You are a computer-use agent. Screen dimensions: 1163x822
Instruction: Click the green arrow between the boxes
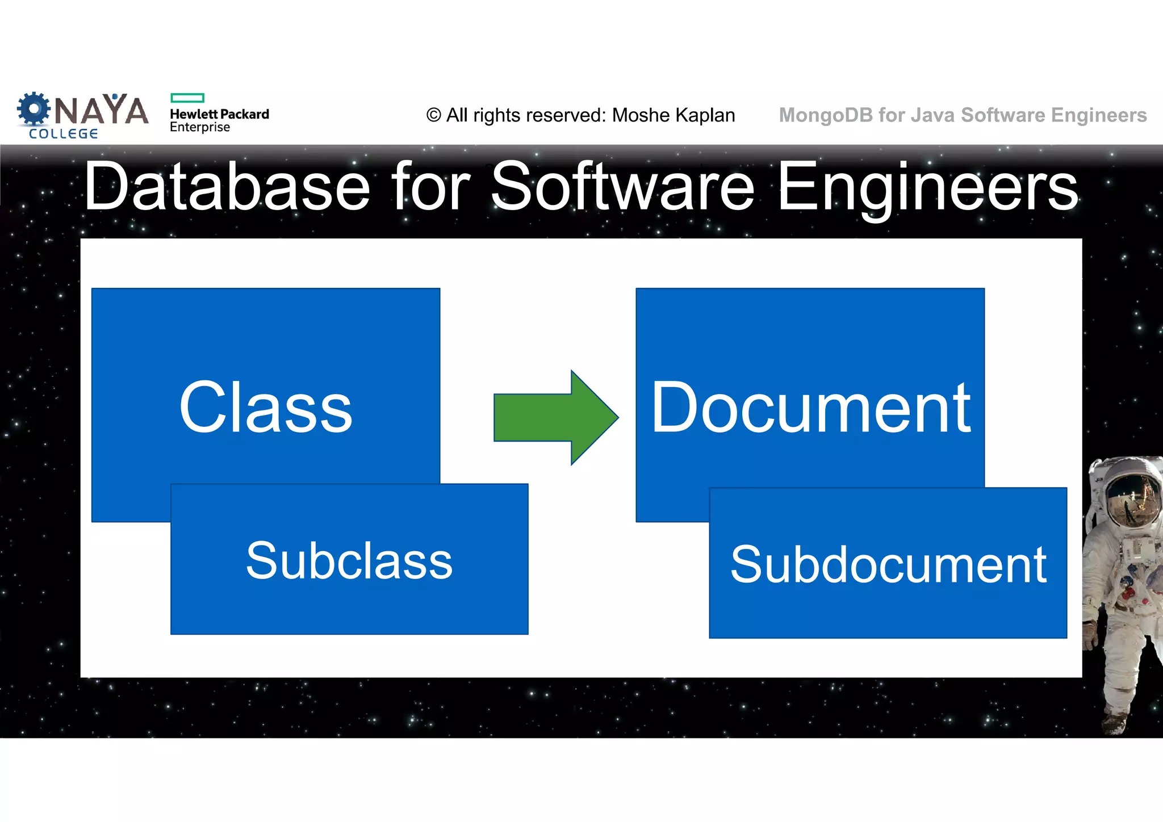(x=554, y=418)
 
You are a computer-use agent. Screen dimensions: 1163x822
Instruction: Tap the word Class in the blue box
(x=266, y=407)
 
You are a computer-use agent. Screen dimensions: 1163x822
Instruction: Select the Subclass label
(x=349, y=561)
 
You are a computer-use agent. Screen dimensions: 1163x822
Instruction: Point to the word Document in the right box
(x=810, y=407)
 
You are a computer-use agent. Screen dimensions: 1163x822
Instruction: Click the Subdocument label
(x=888, y=564)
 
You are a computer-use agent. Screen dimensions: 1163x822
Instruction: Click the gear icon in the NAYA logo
(x=34, y=108)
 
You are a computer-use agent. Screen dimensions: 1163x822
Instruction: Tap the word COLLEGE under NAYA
(x=64, y=134)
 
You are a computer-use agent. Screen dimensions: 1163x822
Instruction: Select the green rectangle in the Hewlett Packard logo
(x=187, y=98)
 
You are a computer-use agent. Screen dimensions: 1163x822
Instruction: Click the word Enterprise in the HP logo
(x=200, y=127)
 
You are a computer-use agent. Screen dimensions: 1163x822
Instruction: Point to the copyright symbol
(x=433, y=115)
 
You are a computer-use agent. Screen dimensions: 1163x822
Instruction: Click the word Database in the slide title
(x=227, y=186)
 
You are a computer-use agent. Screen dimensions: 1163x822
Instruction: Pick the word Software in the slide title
(x=622, y=186)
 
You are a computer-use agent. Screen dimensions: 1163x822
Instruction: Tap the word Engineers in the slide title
(x=927, y=186)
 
